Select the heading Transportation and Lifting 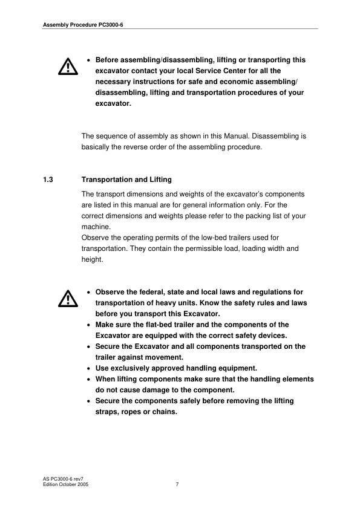(x=126, y=180)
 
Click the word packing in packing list (x=264, y=216)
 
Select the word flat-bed (x=157, y=325)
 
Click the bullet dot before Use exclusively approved (x=90, y=368)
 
